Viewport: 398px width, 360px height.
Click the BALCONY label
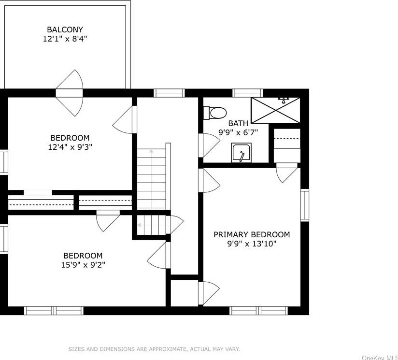click(65, 29)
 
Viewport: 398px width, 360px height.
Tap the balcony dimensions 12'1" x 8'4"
click(65, 39)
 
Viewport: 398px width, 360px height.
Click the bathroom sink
click(242, 152)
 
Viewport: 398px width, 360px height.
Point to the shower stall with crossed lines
click(275, 110)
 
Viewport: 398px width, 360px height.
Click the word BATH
click(238, 123)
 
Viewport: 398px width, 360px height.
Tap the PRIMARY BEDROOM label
click(252, 234)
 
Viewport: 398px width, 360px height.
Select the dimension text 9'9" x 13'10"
click(252, 244)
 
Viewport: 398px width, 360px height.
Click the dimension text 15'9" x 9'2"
click(83, 265)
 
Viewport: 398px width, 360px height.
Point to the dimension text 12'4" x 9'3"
click(70, 147)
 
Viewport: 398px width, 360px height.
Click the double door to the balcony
click(69, 93)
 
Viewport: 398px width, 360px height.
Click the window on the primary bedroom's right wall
click(305, 205)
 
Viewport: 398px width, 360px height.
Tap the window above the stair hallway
click(170, 93)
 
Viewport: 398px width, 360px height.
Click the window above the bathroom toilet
click(248, 93)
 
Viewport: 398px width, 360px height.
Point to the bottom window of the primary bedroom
click(258, 311)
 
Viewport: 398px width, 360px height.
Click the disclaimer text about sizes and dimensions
click(154, 349)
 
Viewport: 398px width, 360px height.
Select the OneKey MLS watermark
click(380, 358)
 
